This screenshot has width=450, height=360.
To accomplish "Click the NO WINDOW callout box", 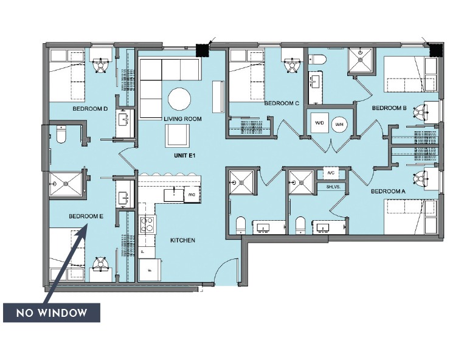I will (x=52, y=314).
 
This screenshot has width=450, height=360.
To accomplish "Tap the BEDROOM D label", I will (x=90, y=109).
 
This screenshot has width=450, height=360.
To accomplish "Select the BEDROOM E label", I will (x=86, y=216).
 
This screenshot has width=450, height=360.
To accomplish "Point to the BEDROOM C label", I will (x=282, y=103).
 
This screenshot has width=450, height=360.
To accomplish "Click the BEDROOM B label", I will (x=389, y=108).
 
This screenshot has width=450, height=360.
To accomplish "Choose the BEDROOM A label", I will (x=389, y=191).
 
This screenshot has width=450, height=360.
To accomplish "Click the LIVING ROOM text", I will (x=182, y=119).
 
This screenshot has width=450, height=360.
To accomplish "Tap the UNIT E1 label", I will (x=182, y=156).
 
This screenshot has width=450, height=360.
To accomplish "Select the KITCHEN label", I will (x=182, y=240).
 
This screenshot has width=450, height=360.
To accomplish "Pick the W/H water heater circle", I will (x=338, y=123).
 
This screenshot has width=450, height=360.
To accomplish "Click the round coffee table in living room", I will (x=179, y=98).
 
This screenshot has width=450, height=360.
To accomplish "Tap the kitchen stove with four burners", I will (x=147, y=226).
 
